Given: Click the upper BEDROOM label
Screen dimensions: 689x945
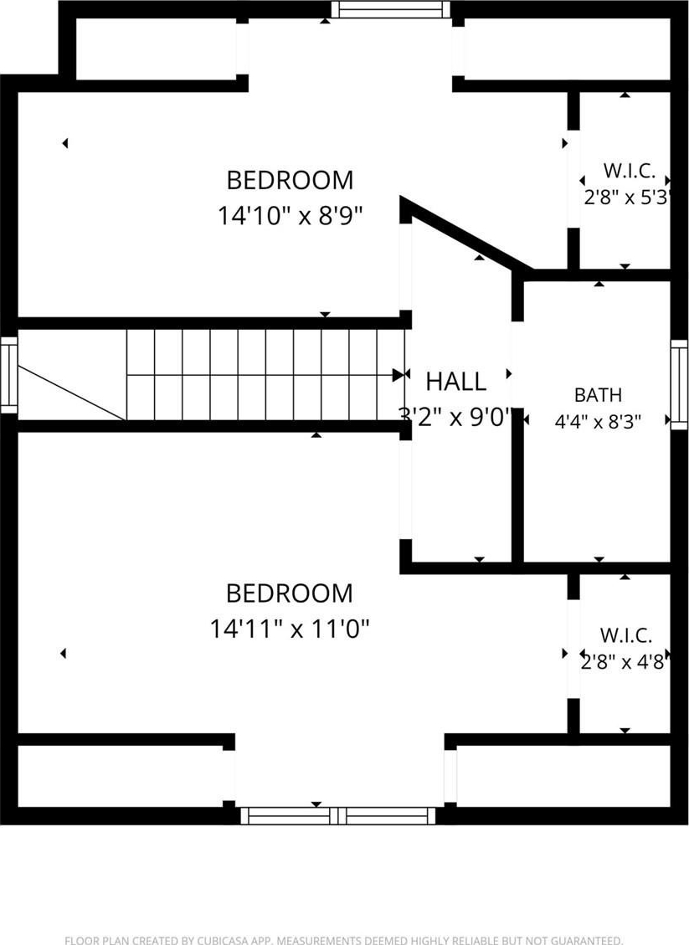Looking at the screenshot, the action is tap(290, 180).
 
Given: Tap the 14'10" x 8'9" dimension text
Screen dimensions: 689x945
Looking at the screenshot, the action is tap(291, 215).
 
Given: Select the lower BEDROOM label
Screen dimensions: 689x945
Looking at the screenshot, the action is tap(290, 593).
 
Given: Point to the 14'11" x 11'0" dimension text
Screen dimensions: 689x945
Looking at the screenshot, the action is tap(290, 629).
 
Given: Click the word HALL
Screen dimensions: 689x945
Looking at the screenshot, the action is tap(455, 382).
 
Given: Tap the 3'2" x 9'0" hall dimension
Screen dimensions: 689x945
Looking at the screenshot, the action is tap(455, 417).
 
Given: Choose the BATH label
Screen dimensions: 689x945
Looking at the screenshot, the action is tap(598, 395).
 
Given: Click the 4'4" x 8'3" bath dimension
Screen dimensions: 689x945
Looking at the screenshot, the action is tap(598, 421).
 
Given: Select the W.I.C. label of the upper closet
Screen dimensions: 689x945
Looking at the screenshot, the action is tap(629, 171).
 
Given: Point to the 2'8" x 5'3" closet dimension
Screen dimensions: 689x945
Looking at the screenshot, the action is tap(627, 197).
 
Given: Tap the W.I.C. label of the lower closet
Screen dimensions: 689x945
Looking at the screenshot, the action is tap(625, 635).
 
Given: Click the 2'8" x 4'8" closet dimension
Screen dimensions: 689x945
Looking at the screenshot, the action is tap(625, 662).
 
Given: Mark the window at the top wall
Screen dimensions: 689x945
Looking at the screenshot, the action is tap(391, 10).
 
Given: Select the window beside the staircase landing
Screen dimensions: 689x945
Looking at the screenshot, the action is tap(9, 375).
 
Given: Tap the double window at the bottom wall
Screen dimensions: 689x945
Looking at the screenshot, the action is tap(337, 816).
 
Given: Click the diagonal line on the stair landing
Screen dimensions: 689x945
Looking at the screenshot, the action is tap(72, 393).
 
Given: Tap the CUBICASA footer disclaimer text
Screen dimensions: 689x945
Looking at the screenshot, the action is tap(343, 940).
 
